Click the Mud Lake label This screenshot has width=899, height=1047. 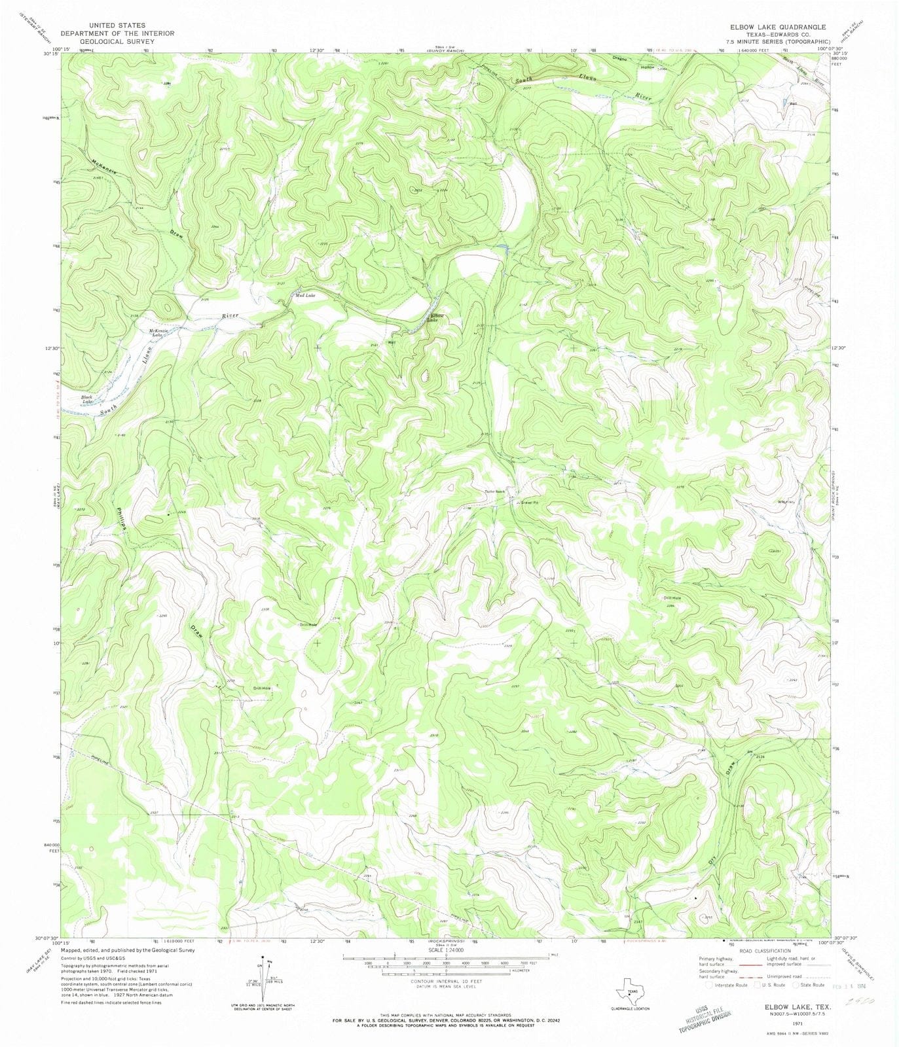coord(305,296)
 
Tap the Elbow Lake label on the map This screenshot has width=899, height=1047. coord(435,318)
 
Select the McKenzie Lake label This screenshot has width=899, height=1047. coord(158,332)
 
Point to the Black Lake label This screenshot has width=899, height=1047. coord(86,399)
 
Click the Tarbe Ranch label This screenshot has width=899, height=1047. coord(495,491)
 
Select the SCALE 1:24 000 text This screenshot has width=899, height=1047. coord(446,949)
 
